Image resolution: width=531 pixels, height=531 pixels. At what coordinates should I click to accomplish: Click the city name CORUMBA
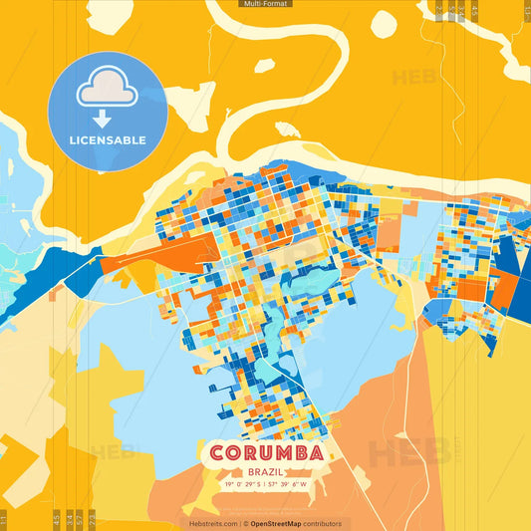point(266,453)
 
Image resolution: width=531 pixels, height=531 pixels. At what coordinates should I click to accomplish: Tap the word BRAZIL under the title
point(266,470)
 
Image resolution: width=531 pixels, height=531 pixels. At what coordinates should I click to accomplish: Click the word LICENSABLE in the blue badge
point(108,139)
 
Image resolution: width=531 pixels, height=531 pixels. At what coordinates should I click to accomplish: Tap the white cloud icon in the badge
point(108,90)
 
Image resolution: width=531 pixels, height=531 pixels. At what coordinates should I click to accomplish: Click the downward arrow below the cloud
point(103,118)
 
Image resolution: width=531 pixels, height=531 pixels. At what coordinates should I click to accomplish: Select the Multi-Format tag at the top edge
point(265,4)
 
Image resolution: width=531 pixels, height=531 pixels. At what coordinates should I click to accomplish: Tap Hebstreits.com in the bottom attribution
point(212,523)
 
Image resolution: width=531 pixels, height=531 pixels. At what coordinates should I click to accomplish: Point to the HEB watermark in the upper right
point(413,78)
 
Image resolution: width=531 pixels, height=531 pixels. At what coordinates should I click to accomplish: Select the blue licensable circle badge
point(108,111)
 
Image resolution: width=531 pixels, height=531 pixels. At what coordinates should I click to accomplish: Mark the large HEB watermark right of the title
point(408,453)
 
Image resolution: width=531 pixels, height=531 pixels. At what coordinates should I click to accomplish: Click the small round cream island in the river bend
point(264,66)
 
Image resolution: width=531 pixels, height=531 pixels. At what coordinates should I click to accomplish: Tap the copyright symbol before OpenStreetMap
point(246,523)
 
